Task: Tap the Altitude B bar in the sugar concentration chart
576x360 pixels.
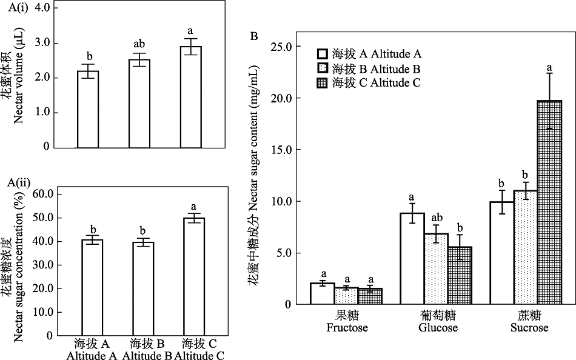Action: click(x=142, y=288)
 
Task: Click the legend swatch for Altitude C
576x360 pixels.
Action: click(x=323, y=82)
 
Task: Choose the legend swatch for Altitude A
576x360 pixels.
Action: click(x=323, y=53)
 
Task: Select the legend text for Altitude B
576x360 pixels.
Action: click(x=377, y=68)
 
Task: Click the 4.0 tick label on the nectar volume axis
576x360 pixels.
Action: click(x=42, y=8)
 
